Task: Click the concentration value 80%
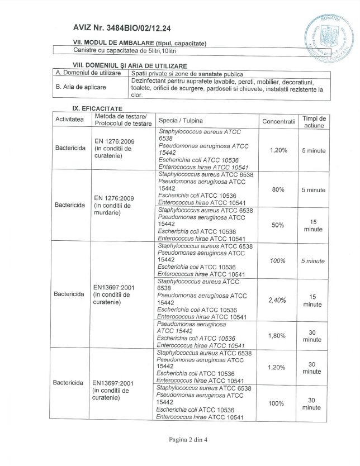tap(278, 190)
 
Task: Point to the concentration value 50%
tap(278, 225)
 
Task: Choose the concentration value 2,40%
tap(278, 300)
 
